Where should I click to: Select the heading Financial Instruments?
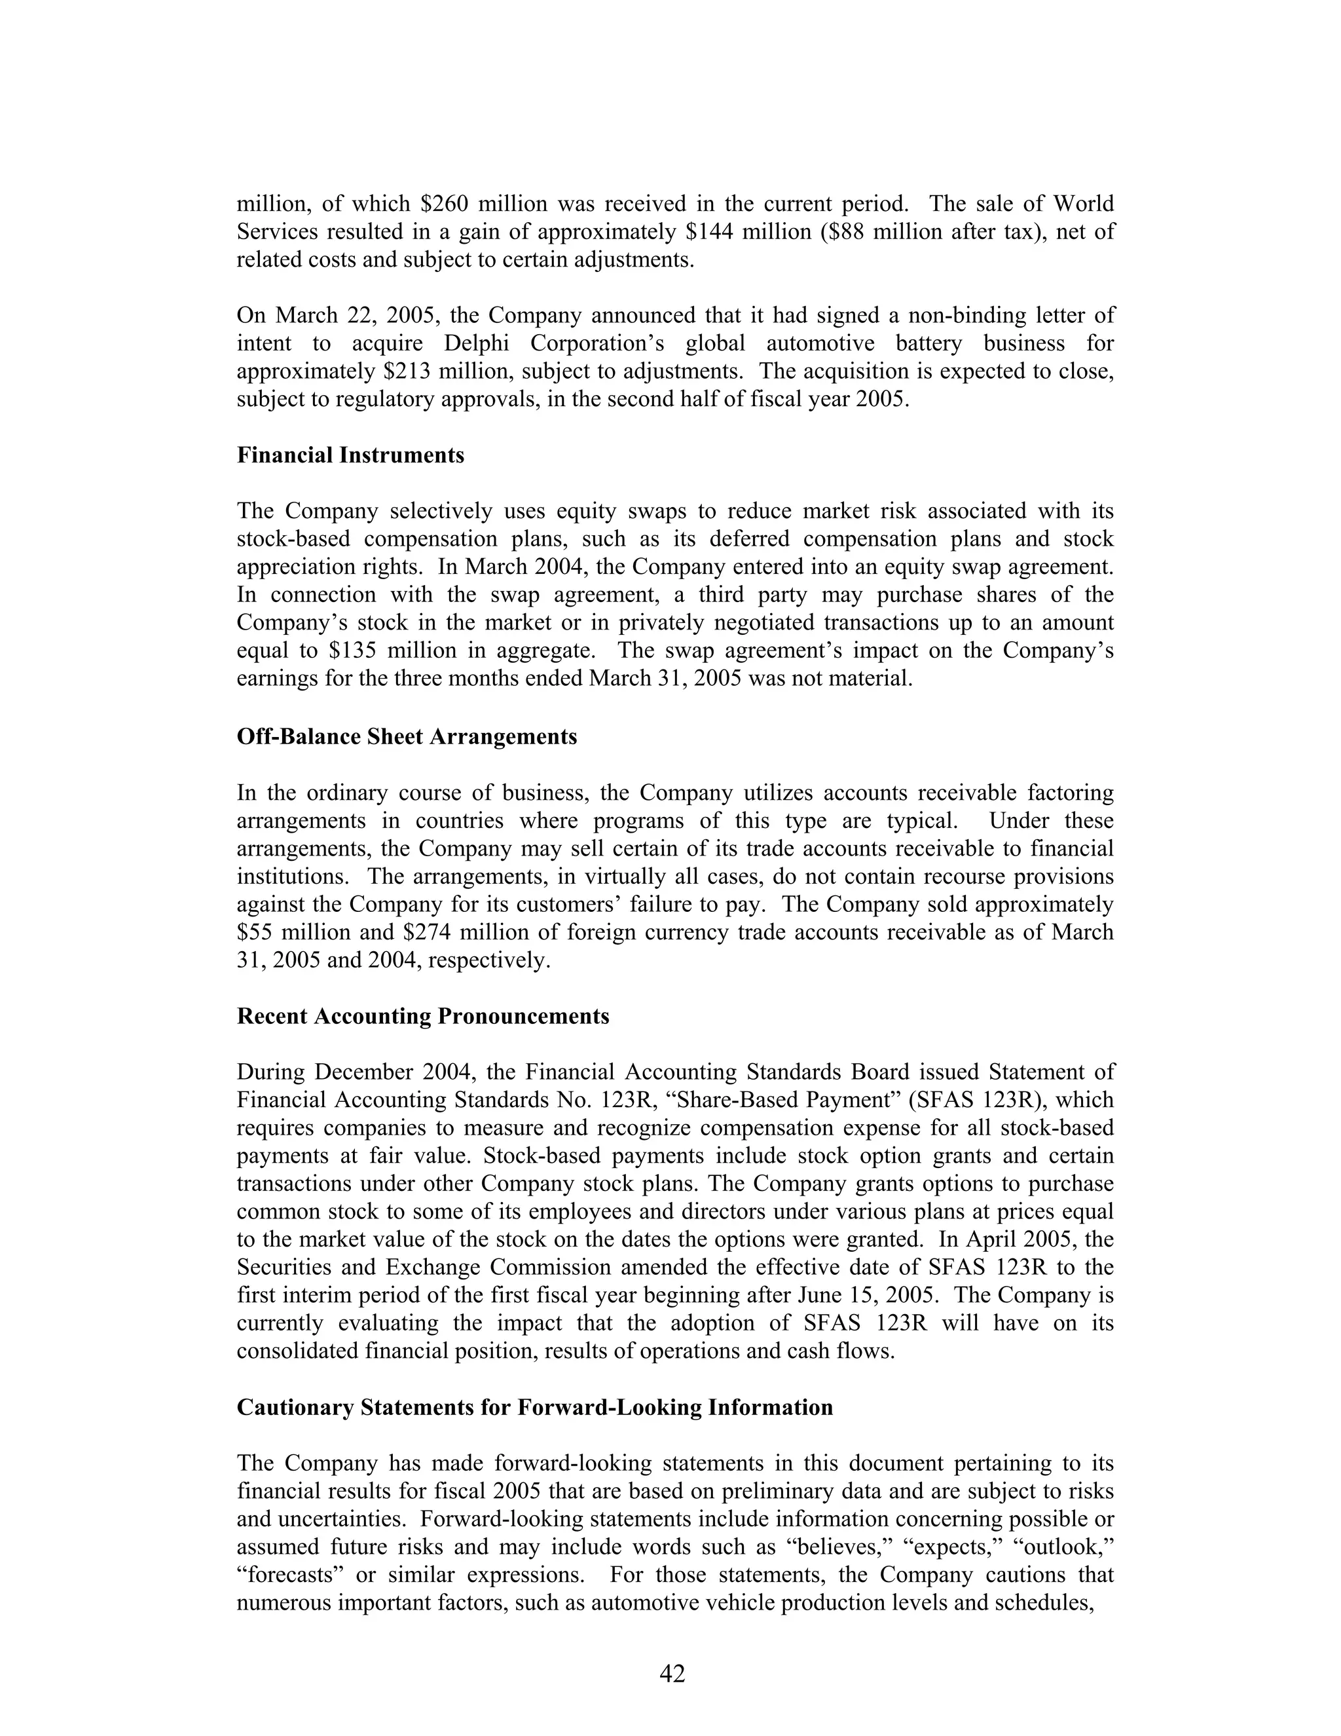350,455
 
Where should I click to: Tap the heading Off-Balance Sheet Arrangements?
407,736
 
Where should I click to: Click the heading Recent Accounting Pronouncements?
422,1016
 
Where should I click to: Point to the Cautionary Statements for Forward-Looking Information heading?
535,1407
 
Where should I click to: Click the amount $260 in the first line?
439,204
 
